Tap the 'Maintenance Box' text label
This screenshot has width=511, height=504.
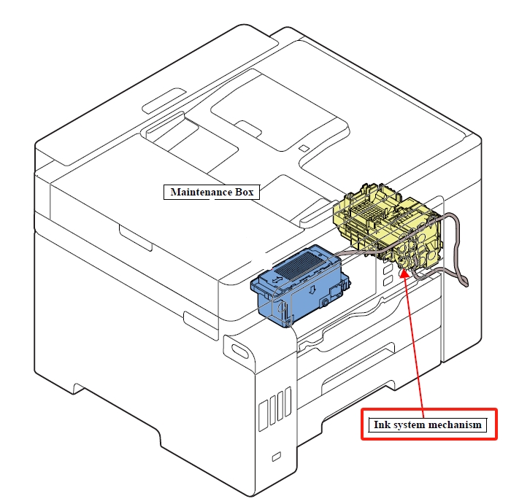212,193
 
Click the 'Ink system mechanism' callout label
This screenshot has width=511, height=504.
429,424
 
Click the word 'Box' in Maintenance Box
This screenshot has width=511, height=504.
244,193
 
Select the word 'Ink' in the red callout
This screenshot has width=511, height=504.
381,424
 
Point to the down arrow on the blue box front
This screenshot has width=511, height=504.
312,291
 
